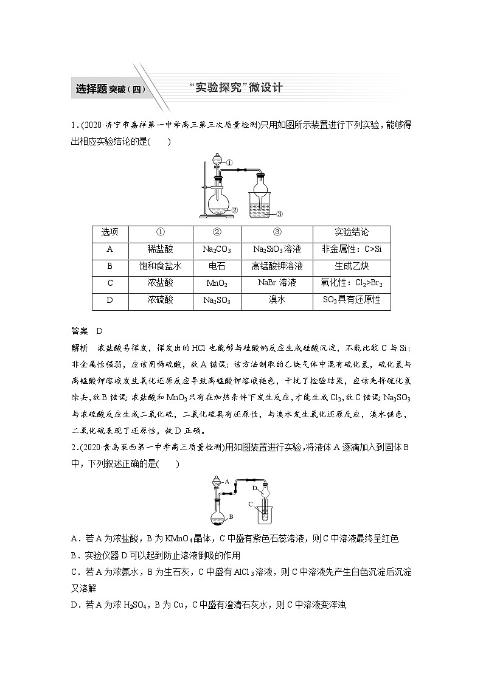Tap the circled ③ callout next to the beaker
(x=279, y=213)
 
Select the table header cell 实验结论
(x=352, y=233)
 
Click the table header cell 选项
(x=109, y=233)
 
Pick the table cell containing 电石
(x=217, y=266)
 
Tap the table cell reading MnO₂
(x=217, y=283)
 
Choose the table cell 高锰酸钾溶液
(x=277, y=266)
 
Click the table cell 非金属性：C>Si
(x=352, y=249)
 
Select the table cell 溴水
(x=277, y=300)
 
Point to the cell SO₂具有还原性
(x=352, y=300)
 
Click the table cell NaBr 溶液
(x=277, y=283)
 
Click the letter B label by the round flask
(x=231, y=516)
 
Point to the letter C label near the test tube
(x=249, y=504)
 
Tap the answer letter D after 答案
(x=100, y=330)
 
